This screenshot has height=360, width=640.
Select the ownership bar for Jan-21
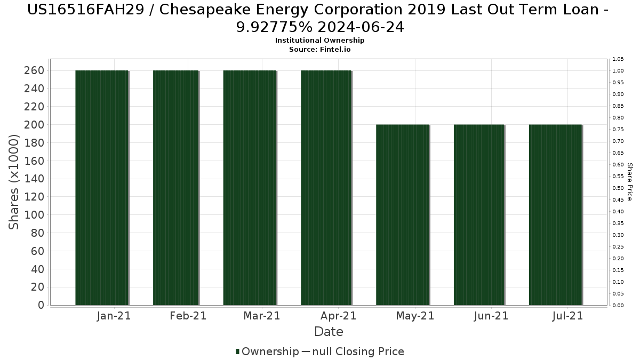(x=101, y=188)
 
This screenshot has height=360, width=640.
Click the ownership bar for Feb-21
(x=175, y=188)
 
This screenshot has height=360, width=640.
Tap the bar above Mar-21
(x=250, y=188)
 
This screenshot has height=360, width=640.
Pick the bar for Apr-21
(x=326, y=188)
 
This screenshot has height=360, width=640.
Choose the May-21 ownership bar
(x=402, y=214)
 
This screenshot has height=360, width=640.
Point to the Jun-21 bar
(x=478, y=214)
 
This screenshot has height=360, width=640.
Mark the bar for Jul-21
(x=555, y=214)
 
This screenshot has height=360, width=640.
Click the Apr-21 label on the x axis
(x=339, y=316)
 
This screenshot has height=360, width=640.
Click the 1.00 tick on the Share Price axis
(x=618, y=70)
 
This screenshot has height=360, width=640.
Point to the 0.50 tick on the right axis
(x=618, y=188)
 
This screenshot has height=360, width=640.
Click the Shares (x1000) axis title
(x=14, y=182)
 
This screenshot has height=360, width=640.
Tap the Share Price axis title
(x=630, y=182)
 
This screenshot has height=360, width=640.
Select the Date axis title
(x=329, y=332)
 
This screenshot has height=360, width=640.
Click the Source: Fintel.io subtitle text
(x=320, y=49)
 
